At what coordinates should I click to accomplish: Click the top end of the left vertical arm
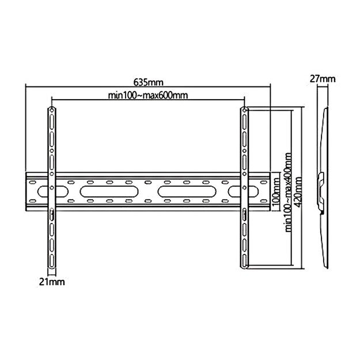point(51,110)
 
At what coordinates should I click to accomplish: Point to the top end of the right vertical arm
point(244,110)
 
